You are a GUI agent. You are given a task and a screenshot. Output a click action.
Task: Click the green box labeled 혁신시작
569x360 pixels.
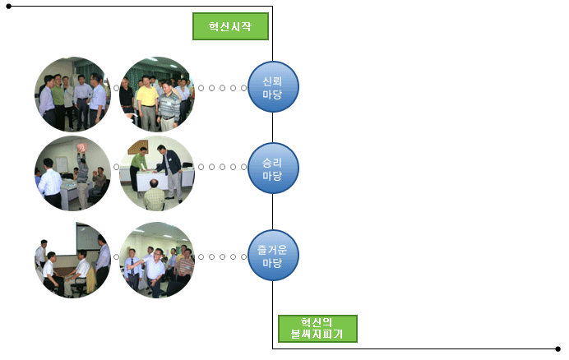coord(230,26)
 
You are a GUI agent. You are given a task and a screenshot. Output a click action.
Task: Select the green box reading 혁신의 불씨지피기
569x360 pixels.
coord(317,329)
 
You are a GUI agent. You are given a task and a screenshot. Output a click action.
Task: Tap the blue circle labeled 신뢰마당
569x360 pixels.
coord(273,87)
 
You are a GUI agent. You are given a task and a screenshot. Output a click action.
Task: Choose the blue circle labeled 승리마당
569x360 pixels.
coord(273,168)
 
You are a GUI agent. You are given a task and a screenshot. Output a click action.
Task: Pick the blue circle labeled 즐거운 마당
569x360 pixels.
coord(273,256)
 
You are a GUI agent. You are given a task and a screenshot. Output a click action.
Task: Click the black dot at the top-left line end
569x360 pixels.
coord(9,7)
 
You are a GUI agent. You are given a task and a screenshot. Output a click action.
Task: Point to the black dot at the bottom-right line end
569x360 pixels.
coord(558,349)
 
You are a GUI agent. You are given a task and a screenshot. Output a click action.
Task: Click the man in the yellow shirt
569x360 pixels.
coord(147,103)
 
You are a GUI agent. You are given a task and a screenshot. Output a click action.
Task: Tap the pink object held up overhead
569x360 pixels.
coord(81,147)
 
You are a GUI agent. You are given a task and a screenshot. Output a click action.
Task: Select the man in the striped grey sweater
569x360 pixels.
coord(169,105)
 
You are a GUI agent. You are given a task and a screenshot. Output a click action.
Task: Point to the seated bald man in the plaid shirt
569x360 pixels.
coord(155,196)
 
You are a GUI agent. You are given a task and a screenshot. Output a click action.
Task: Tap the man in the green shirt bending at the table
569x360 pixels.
coord(138,168)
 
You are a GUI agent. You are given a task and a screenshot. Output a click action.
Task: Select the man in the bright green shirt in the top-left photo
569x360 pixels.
coord(58,102)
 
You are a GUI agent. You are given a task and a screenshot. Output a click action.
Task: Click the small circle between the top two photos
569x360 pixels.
coord(116,88)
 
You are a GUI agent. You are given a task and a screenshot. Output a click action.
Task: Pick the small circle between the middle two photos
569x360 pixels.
coord(116,167)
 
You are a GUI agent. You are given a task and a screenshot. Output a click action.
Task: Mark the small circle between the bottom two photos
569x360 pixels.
coord(116,257)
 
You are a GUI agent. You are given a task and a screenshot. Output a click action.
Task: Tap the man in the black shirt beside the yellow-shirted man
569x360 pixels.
coord(127,98)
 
